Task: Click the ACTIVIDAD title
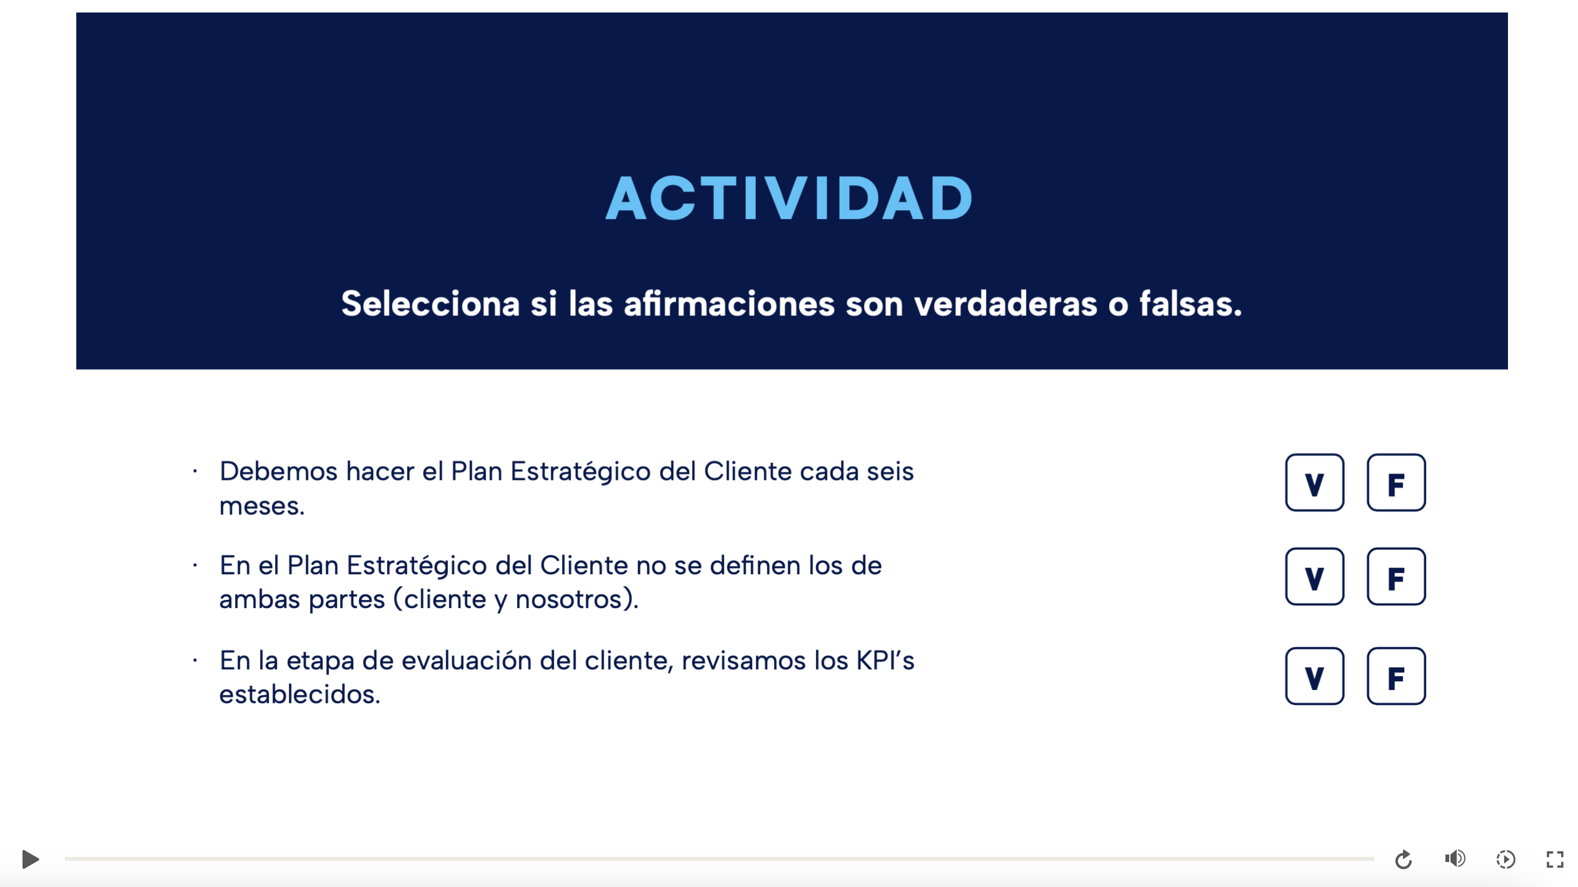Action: coord(788,198)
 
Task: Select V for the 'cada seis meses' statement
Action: coord(1314,483)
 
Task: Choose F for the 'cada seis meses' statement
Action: coord(1395,483)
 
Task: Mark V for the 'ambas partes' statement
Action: coord(1314,577)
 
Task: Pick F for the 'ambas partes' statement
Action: coord(1395,577)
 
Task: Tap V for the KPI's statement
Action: coord(1314,676)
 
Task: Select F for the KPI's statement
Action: coord(1395,676)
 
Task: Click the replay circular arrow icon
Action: coord(1403,859)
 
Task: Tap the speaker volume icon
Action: coord(1455,859)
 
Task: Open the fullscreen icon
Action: coord(1555,859)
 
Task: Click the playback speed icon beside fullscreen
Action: coord(1505,859)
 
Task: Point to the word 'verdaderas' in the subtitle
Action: coord(1005,304)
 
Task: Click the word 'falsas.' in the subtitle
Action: coord(1190,304)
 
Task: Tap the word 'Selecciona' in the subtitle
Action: coord(430,304)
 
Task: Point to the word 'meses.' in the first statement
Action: coord(262,507)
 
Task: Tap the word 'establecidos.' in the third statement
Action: coord(299,694)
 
